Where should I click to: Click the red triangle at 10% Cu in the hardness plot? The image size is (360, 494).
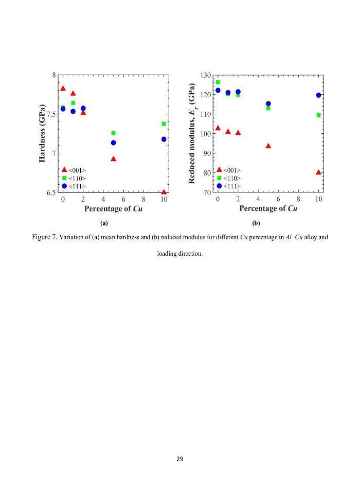tap(164, 192)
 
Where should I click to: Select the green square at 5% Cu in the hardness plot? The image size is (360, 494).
tap(113, 133)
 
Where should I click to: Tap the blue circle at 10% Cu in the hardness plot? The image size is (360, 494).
tap(164, 139)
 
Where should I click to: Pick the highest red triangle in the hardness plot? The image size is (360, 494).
tap(63, 89)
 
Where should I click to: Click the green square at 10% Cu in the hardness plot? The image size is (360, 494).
tap(164, 124)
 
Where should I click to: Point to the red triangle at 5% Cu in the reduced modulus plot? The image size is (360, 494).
tap(268, 146)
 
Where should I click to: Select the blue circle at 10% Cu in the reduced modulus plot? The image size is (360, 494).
tap(318, 95)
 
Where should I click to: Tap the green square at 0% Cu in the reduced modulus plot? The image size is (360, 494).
tap(218, 82)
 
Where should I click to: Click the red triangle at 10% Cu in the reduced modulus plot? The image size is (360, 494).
tap(318, 172)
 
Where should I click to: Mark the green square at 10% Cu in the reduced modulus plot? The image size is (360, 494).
tap(318, 115)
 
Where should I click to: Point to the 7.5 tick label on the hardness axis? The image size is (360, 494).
tap(52, 114)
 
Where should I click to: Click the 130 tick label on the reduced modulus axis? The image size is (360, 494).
tap(205, 76)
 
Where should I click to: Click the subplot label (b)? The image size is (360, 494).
tap(256, 223)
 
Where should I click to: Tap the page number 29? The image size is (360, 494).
tap(180, 458)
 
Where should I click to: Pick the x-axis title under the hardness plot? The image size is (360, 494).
tap(113, 208)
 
